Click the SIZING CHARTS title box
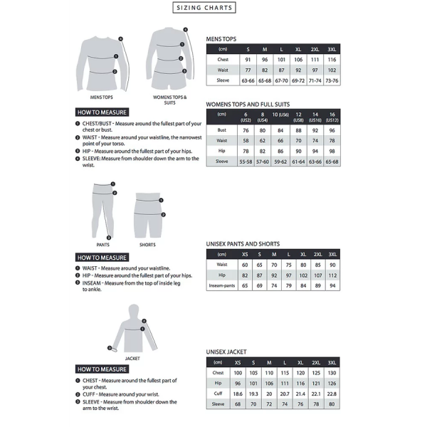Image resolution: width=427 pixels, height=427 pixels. (205, 8)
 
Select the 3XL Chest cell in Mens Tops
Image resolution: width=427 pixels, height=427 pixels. (332, 60)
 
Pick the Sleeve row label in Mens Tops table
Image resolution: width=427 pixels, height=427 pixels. (223, 81)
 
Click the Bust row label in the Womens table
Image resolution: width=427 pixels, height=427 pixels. (222, 130)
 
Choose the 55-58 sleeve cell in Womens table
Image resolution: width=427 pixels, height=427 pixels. (246, 162)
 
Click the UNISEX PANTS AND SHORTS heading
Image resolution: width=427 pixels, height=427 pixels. (243, 244)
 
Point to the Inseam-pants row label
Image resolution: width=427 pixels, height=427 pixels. (222, 285)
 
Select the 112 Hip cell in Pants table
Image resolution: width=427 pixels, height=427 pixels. (332, 275)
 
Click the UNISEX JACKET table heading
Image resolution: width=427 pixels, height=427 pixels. (227, 352)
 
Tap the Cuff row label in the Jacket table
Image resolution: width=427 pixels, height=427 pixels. (218, 394)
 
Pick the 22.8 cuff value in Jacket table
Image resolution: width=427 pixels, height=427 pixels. (332, 394)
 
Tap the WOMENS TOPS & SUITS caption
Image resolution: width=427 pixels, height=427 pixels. (169, 99)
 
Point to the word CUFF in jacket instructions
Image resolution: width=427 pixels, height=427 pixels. (90, 394)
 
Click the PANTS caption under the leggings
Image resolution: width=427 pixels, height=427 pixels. (102, 245)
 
